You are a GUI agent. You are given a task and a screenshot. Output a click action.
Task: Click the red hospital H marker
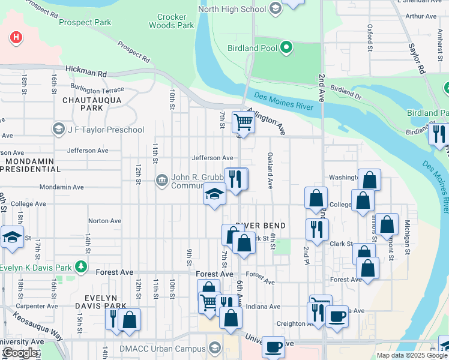(17, 38)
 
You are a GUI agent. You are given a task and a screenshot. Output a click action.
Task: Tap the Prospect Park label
(85, 23)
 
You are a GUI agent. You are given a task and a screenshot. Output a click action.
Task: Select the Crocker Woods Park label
(171, 22)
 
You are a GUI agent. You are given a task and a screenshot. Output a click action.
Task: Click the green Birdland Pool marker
(286, 47)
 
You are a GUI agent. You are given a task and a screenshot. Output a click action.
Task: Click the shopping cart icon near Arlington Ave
(243, 122)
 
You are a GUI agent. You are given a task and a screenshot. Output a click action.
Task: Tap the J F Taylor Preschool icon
(59, 130)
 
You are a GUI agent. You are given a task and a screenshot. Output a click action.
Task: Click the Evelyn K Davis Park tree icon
(80, 267)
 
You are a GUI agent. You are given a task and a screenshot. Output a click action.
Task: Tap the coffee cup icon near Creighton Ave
(337, 315)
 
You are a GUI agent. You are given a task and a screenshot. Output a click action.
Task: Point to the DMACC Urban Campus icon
(214, 348)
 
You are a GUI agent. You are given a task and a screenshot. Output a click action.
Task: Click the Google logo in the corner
(20, 353)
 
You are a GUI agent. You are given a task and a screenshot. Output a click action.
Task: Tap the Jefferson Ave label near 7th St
(212, 158)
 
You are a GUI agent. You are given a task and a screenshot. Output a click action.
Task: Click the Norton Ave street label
(104, 221)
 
